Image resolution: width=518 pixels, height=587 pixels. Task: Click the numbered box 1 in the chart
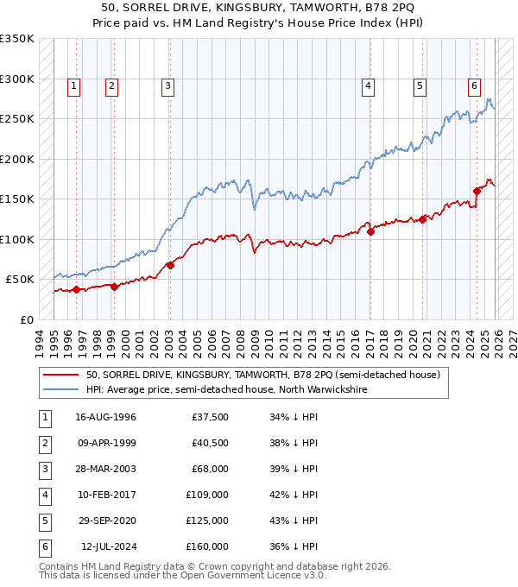click(74, 85)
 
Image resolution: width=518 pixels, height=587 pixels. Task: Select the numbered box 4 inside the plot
click(368, 85)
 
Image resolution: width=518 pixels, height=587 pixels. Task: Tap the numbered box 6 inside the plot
click(474, 85)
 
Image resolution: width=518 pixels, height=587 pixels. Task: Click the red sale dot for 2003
click(170, 265)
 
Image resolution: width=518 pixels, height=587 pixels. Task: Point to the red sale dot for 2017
click(370, 231)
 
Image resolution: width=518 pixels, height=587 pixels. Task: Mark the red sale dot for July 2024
click(477, 191)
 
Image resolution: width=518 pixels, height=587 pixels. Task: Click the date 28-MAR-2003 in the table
click(105, 469)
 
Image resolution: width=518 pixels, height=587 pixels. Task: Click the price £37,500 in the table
click(211, 417)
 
